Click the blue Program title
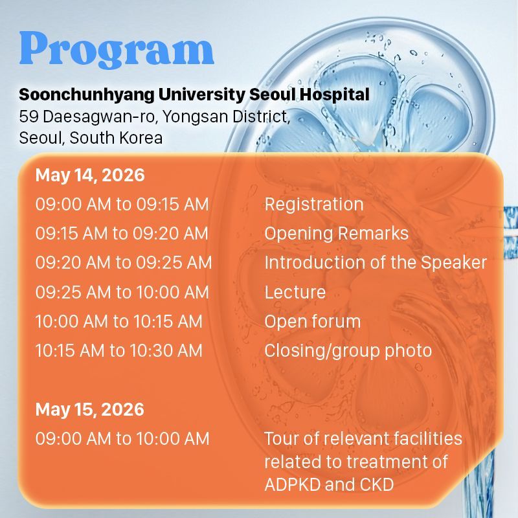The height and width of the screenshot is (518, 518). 117,50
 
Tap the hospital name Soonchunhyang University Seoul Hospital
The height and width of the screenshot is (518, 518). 194,95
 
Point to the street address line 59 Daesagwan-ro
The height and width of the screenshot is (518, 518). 155,117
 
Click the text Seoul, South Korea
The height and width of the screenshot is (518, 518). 91,138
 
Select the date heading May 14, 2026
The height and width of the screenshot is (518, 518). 90,175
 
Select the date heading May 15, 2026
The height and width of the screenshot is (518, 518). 90,410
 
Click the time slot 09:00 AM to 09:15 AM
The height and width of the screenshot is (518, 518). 122,204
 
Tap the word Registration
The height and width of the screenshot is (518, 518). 314,205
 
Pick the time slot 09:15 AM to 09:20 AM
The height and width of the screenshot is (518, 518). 122,233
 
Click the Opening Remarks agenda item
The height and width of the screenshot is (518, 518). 336,234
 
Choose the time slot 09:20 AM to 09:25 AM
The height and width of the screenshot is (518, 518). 124,263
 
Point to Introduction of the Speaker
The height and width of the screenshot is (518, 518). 376,263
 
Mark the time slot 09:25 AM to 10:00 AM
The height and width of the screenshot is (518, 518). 122,292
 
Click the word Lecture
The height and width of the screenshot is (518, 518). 295,292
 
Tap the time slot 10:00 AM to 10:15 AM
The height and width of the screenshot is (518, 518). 119,321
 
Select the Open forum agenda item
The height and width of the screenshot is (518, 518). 313,321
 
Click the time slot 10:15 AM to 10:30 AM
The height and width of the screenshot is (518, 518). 119,350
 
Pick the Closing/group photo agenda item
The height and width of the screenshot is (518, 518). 348,351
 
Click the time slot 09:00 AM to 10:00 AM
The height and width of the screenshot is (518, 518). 122,439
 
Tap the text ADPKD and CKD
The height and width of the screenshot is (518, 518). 329,484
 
